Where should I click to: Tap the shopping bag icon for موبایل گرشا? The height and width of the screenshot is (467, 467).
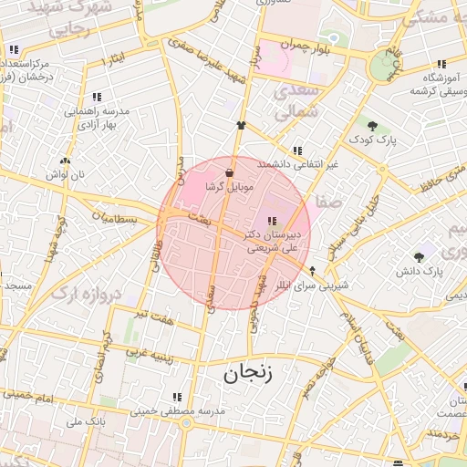[228, 171]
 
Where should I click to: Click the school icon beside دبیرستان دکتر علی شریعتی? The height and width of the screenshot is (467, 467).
[271, 221]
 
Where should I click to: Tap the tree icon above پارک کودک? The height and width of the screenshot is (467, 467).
[372, 125]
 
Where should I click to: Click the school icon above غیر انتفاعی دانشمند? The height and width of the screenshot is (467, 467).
[297, 150]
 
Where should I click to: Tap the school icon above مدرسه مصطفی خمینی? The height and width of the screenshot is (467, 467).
[177, 398]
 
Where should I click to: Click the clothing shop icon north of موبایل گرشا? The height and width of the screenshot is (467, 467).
[241, 125]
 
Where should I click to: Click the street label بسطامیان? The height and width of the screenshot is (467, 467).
[117, 220]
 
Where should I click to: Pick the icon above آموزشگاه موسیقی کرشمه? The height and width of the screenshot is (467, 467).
[441, 64]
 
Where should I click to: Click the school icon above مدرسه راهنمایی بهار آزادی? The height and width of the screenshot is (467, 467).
[97, 97]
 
